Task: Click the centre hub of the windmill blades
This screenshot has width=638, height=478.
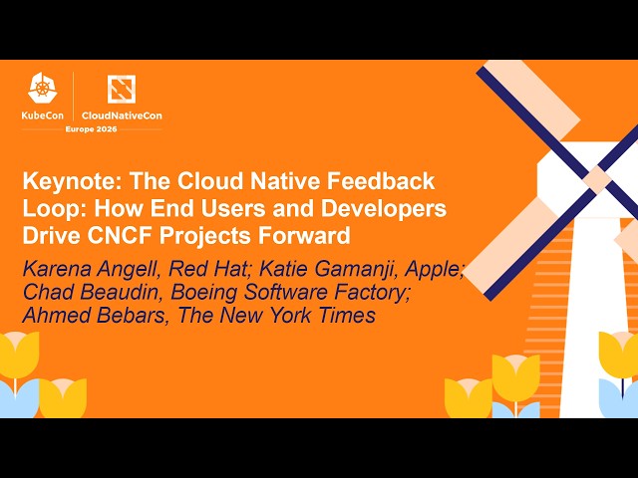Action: [x=596, y=179]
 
